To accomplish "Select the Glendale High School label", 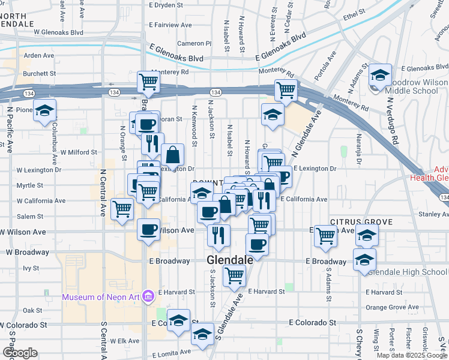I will click(x=408, y=272).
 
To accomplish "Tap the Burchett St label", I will click(x=40, y=73).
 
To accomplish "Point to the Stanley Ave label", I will click(x=426, y=214).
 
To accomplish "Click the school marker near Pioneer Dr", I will click(x=44, y=110).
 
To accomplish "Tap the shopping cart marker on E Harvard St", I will click(x=234, y=276).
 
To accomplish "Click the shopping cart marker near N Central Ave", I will click(x=122, y=209).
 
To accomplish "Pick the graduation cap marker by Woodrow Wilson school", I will click(x=380, y=76).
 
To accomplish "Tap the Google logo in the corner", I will click(x=20, y=353).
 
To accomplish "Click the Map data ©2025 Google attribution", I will click(x=411, y=355).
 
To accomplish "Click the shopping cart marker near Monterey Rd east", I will click(x=286, y=90).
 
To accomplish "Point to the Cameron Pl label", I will click(x=194, y=43).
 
